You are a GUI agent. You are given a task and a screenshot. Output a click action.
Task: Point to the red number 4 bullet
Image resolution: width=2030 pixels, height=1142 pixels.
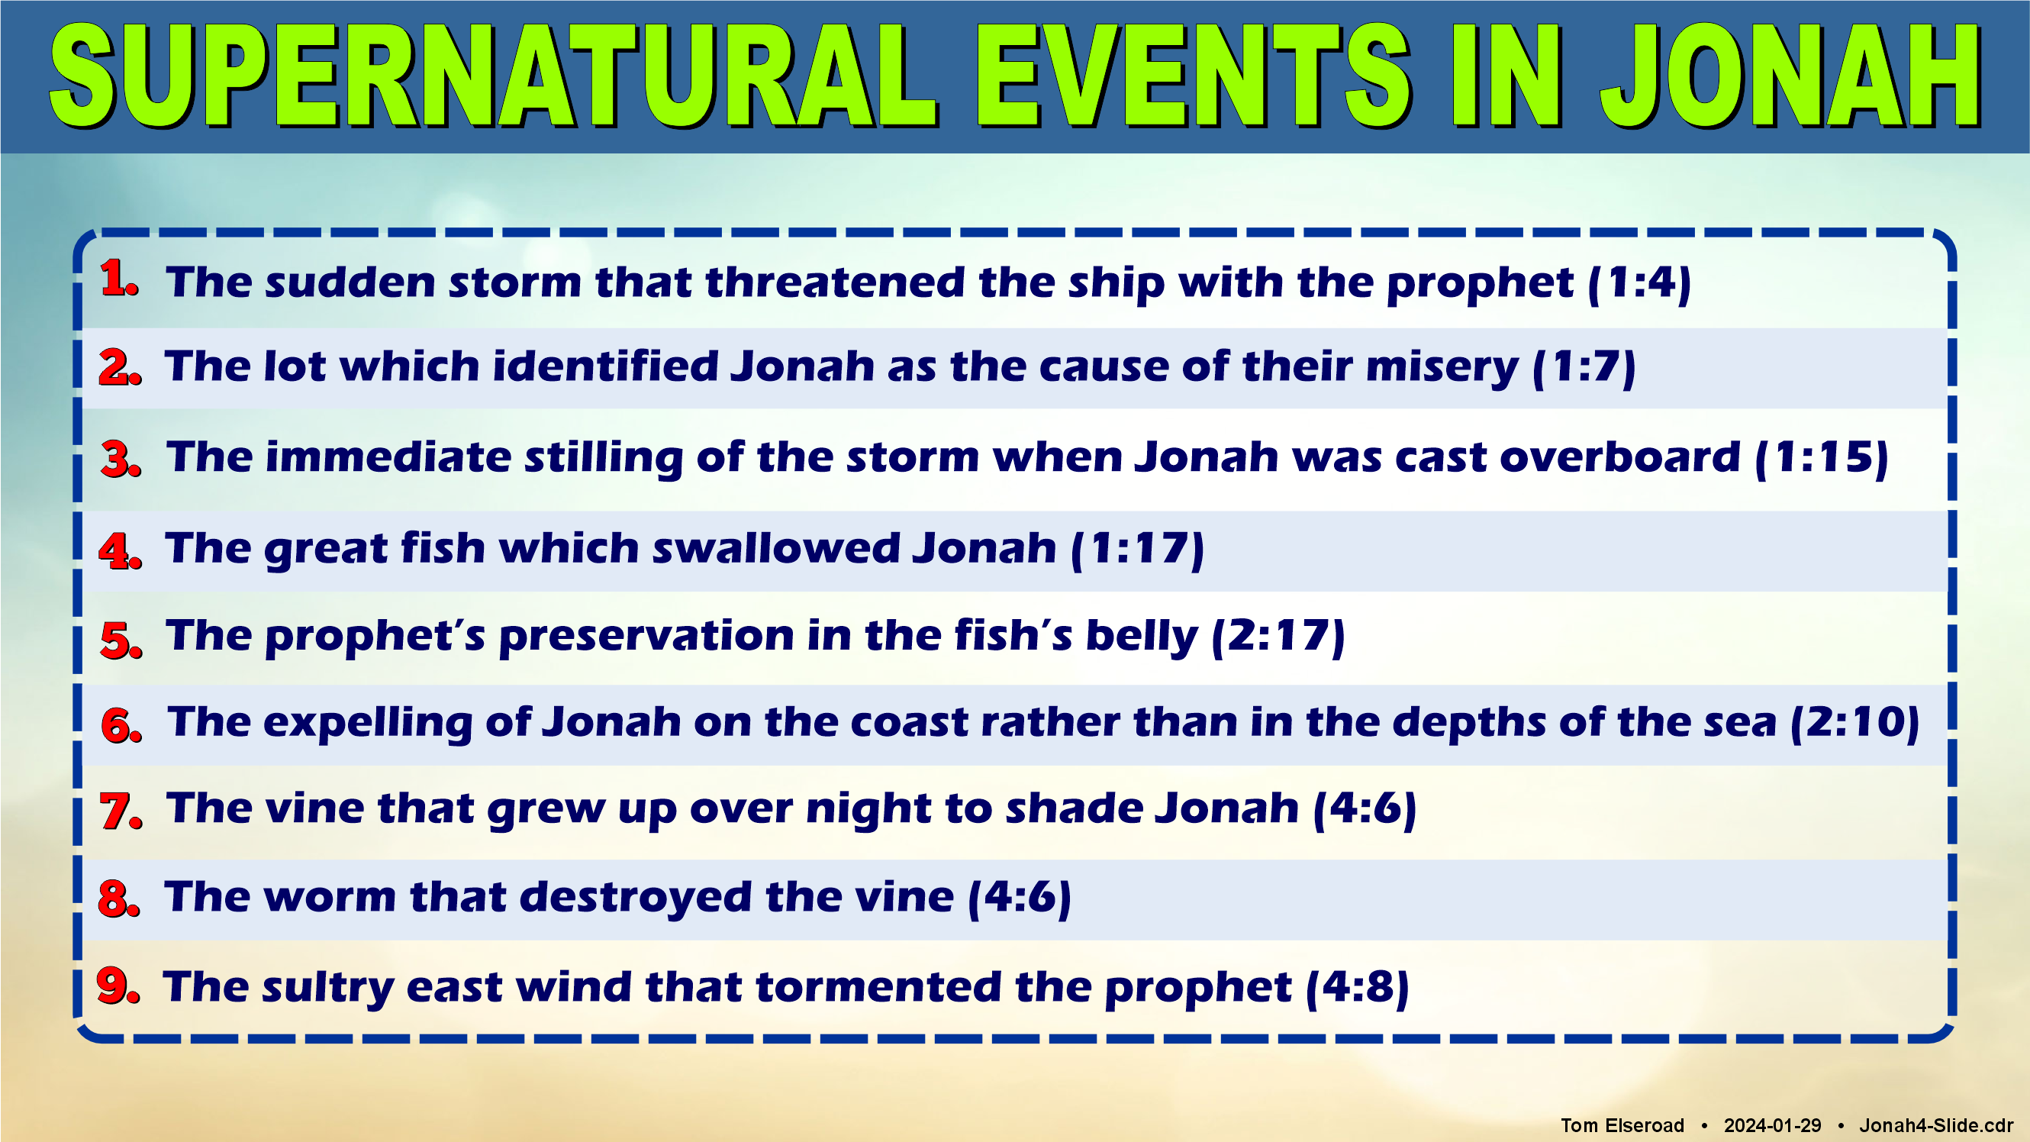pos(120,550)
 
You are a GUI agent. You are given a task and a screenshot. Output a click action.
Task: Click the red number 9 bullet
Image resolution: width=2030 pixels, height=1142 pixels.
pos(118,986)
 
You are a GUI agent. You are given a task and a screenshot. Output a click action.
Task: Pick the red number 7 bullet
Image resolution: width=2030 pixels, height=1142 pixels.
pos(121,811)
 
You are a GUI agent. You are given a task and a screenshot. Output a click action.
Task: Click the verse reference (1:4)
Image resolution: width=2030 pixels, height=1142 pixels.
pos(1639,283)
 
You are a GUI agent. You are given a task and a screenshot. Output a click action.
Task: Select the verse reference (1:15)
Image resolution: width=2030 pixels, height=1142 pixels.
pos(1821,458)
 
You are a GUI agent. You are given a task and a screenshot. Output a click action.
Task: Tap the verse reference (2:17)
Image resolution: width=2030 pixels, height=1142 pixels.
pos(1278,637)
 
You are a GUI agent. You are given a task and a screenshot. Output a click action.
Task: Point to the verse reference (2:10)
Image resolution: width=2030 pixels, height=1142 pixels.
pos(1854,723)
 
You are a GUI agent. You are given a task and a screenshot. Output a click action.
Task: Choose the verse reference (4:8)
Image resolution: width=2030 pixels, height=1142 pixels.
pos(1357,988)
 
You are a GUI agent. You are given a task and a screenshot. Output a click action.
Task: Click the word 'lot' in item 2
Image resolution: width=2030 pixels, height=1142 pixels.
pos(293,366)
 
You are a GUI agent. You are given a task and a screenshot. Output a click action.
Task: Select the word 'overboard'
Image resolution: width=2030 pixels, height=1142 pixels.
pos(1619,457)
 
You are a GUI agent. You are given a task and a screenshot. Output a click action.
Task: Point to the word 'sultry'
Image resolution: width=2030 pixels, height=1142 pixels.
pos(328,989)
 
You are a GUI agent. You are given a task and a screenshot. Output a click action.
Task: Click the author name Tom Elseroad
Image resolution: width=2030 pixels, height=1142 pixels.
pos(1622,1125)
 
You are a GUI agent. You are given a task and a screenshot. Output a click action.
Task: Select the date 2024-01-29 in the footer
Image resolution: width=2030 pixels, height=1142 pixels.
pos(1772,1125)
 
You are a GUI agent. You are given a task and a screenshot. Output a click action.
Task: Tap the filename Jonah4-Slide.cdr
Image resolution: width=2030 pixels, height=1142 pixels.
pos(1936,1125)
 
